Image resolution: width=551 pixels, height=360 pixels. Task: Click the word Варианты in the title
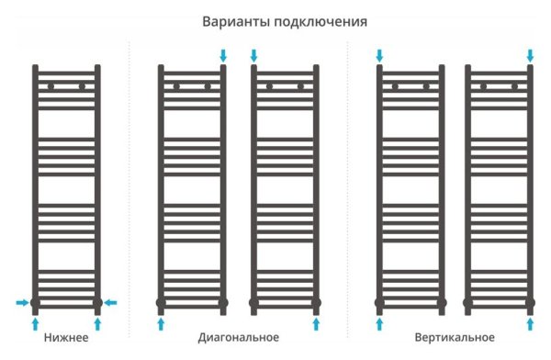(x=234, y=21)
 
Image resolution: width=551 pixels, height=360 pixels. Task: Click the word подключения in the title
(x=311, y=21)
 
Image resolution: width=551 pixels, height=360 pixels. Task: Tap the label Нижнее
(x=66, y=338)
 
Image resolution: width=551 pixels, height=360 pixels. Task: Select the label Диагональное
(x=237, y=338)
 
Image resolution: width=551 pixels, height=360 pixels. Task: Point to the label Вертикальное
(x=455, y=338)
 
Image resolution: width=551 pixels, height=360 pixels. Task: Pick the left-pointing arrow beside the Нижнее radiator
(x=110, y=301)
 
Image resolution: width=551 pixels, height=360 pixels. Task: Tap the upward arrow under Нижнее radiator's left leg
(x=36, y=323)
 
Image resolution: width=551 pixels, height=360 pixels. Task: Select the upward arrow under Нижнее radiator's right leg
(x=97, y=323)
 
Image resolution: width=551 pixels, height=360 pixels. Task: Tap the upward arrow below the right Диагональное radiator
(x=316, y=323)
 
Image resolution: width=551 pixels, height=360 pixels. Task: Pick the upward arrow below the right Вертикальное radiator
(x=530, y=323)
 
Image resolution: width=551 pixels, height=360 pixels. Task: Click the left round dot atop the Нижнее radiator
(x=51, y=87)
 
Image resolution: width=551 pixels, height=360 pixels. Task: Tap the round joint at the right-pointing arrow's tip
(x=36, y=301)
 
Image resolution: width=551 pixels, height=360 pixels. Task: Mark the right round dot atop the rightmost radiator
(x=514, y=87)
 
